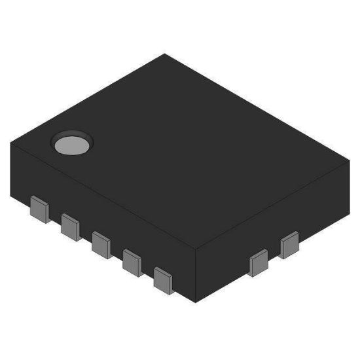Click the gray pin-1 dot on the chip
click(x=73, y=144)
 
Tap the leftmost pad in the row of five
click(x=40, y=209)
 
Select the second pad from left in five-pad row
click(x=70, y=226)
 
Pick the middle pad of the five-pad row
click(x=101, y=243)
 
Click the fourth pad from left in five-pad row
click(x=132, y=262)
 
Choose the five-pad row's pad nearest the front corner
click(x=163, y=279)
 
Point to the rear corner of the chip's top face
click(x=165, y=54)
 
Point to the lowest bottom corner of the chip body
click(x=196, y=303)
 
